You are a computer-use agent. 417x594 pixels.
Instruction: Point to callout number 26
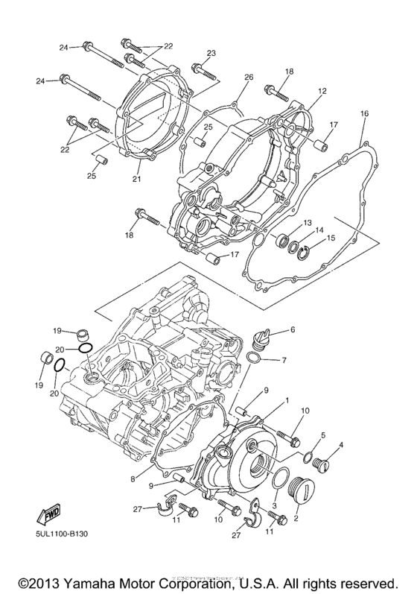248,77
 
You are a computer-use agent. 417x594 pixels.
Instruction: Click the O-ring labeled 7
253,360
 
